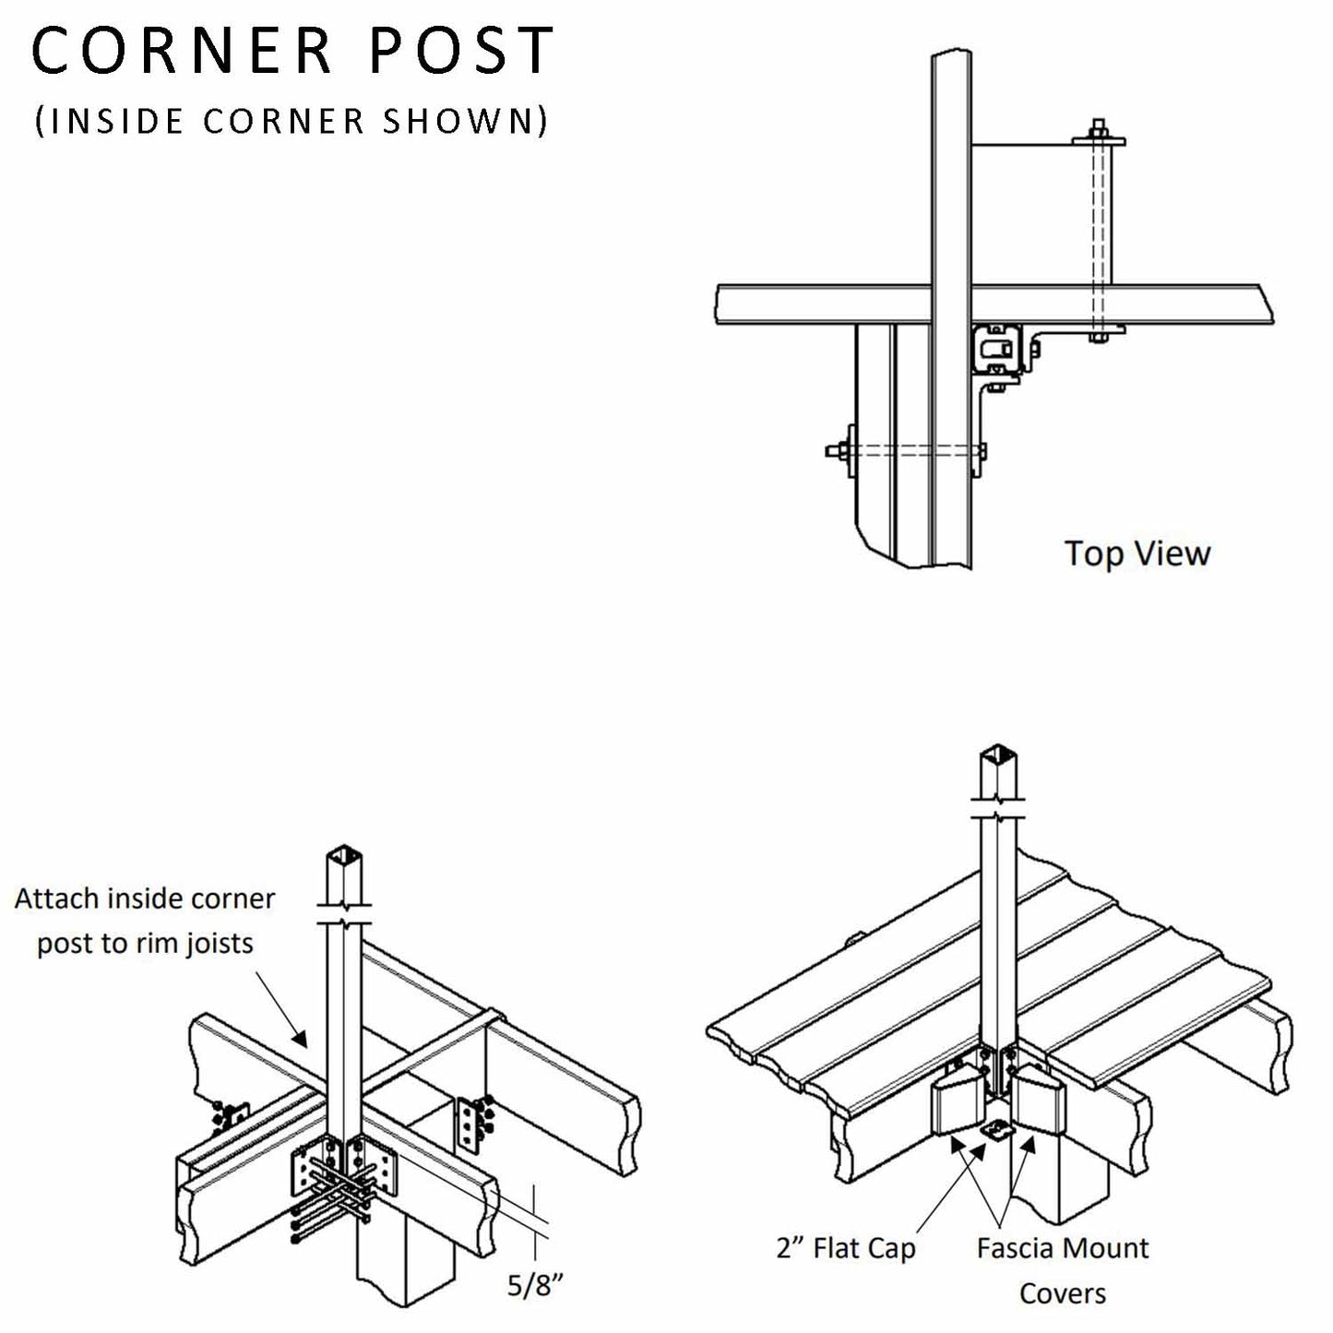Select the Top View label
tap(1137, 553)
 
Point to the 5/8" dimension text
tap(536, 1285)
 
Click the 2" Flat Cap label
tap(846, 1249)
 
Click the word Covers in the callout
tap(1062, 1292)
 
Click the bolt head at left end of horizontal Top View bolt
tap(832, 452)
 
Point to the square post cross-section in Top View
tap(997, 351)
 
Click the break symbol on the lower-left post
tap(344, 913)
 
